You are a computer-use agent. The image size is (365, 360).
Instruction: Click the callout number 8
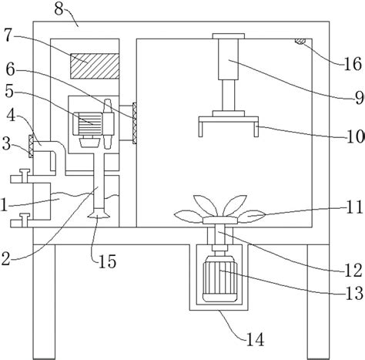click(x=59, y=8)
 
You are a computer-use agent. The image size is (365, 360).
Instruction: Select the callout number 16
click(x=353, y=64)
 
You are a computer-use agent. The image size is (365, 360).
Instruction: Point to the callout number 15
click(x=108, y=261)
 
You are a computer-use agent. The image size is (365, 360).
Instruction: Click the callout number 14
click(x=255, y=339)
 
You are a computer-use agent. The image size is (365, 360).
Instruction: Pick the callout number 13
click(x=354, y=294)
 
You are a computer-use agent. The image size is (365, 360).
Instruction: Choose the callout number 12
click(x=353, y=271)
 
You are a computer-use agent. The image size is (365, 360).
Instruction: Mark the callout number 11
click(x=354, y=207)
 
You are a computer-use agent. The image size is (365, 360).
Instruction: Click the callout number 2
click(x=5, y=259)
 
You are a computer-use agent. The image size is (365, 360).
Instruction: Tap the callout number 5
click(x=9, y=92)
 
